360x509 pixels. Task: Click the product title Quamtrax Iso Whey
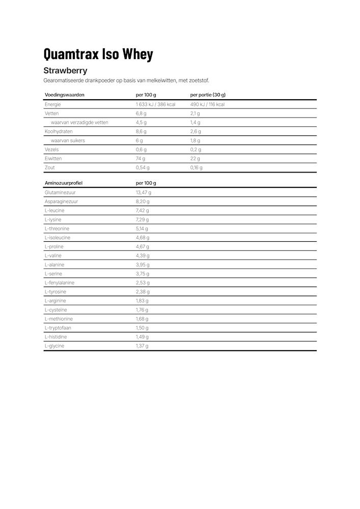98,54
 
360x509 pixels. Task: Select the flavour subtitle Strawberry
65,71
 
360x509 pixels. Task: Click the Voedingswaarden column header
65,95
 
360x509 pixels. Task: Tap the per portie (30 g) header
208,95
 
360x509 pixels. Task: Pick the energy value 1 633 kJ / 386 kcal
155,104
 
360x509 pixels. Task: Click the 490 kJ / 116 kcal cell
207,104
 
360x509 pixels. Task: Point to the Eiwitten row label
53,158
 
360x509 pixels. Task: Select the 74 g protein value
140,158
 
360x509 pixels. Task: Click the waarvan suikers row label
68,140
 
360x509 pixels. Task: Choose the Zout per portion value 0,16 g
196,167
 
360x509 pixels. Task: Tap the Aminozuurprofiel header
64,183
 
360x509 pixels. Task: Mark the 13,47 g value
143,192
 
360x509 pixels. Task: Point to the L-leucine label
54,210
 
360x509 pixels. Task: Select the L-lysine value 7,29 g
142,219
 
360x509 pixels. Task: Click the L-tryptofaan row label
58,328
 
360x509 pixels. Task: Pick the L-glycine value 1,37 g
142,346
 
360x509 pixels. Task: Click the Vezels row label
51,150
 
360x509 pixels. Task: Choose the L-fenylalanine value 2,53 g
142,282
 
